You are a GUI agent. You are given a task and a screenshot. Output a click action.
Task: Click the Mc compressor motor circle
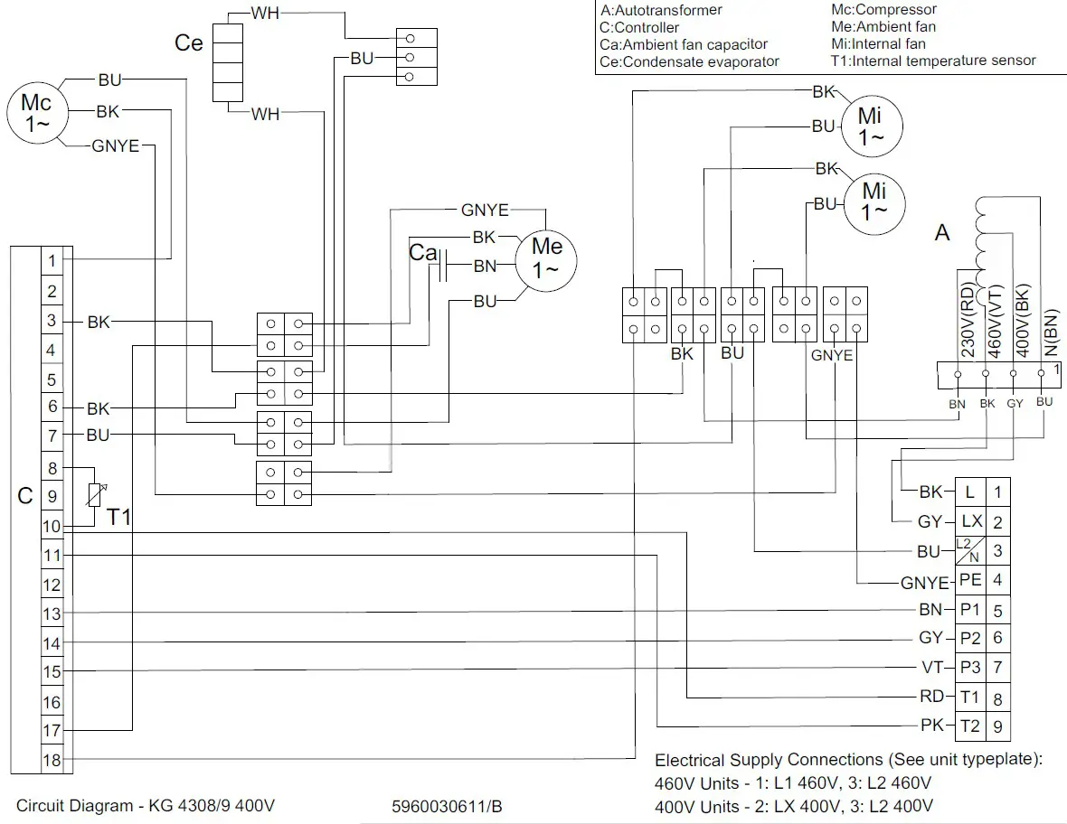(36, 114)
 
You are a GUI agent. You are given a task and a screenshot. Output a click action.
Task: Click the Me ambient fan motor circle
(546, 258)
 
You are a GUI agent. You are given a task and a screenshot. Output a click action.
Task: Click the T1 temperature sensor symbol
(94, 495)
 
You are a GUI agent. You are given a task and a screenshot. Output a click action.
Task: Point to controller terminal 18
(52, 760)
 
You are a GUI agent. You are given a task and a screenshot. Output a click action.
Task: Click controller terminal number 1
(52, 261)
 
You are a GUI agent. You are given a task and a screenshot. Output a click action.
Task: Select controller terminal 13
(52, 613)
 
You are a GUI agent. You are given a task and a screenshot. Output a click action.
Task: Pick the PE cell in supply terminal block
(969, 579)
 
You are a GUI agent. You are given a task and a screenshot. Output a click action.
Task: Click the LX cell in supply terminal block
(969, 521)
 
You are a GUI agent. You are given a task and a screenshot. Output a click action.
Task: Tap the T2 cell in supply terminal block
(969, 726)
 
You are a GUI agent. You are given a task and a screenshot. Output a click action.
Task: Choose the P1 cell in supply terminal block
(969, 609)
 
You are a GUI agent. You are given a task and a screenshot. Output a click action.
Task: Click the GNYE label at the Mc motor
(115, 145)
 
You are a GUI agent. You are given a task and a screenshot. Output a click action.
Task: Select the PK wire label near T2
(931, 726)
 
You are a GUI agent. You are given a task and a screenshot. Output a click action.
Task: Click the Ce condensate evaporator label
(188, 43)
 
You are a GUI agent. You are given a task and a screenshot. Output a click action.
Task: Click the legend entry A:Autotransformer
(661, 11)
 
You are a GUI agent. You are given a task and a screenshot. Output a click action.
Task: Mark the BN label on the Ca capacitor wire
(485, 267)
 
